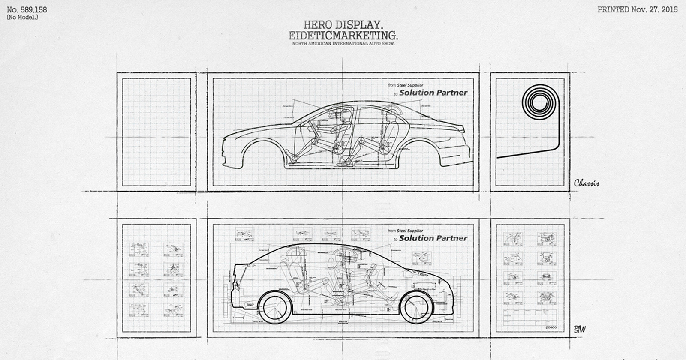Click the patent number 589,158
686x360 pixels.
(x=27, y=10)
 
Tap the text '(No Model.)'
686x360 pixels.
(x=22, y=17)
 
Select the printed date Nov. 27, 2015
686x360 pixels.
(x=638, y=10)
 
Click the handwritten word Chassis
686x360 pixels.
(x=586, y=183)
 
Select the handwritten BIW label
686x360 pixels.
(x=579, y=329)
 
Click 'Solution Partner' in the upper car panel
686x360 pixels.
(x=433, y=93)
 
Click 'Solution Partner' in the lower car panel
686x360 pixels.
(x=433, y=238)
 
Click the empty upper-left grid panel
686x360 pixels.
(x=156, y=132)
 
